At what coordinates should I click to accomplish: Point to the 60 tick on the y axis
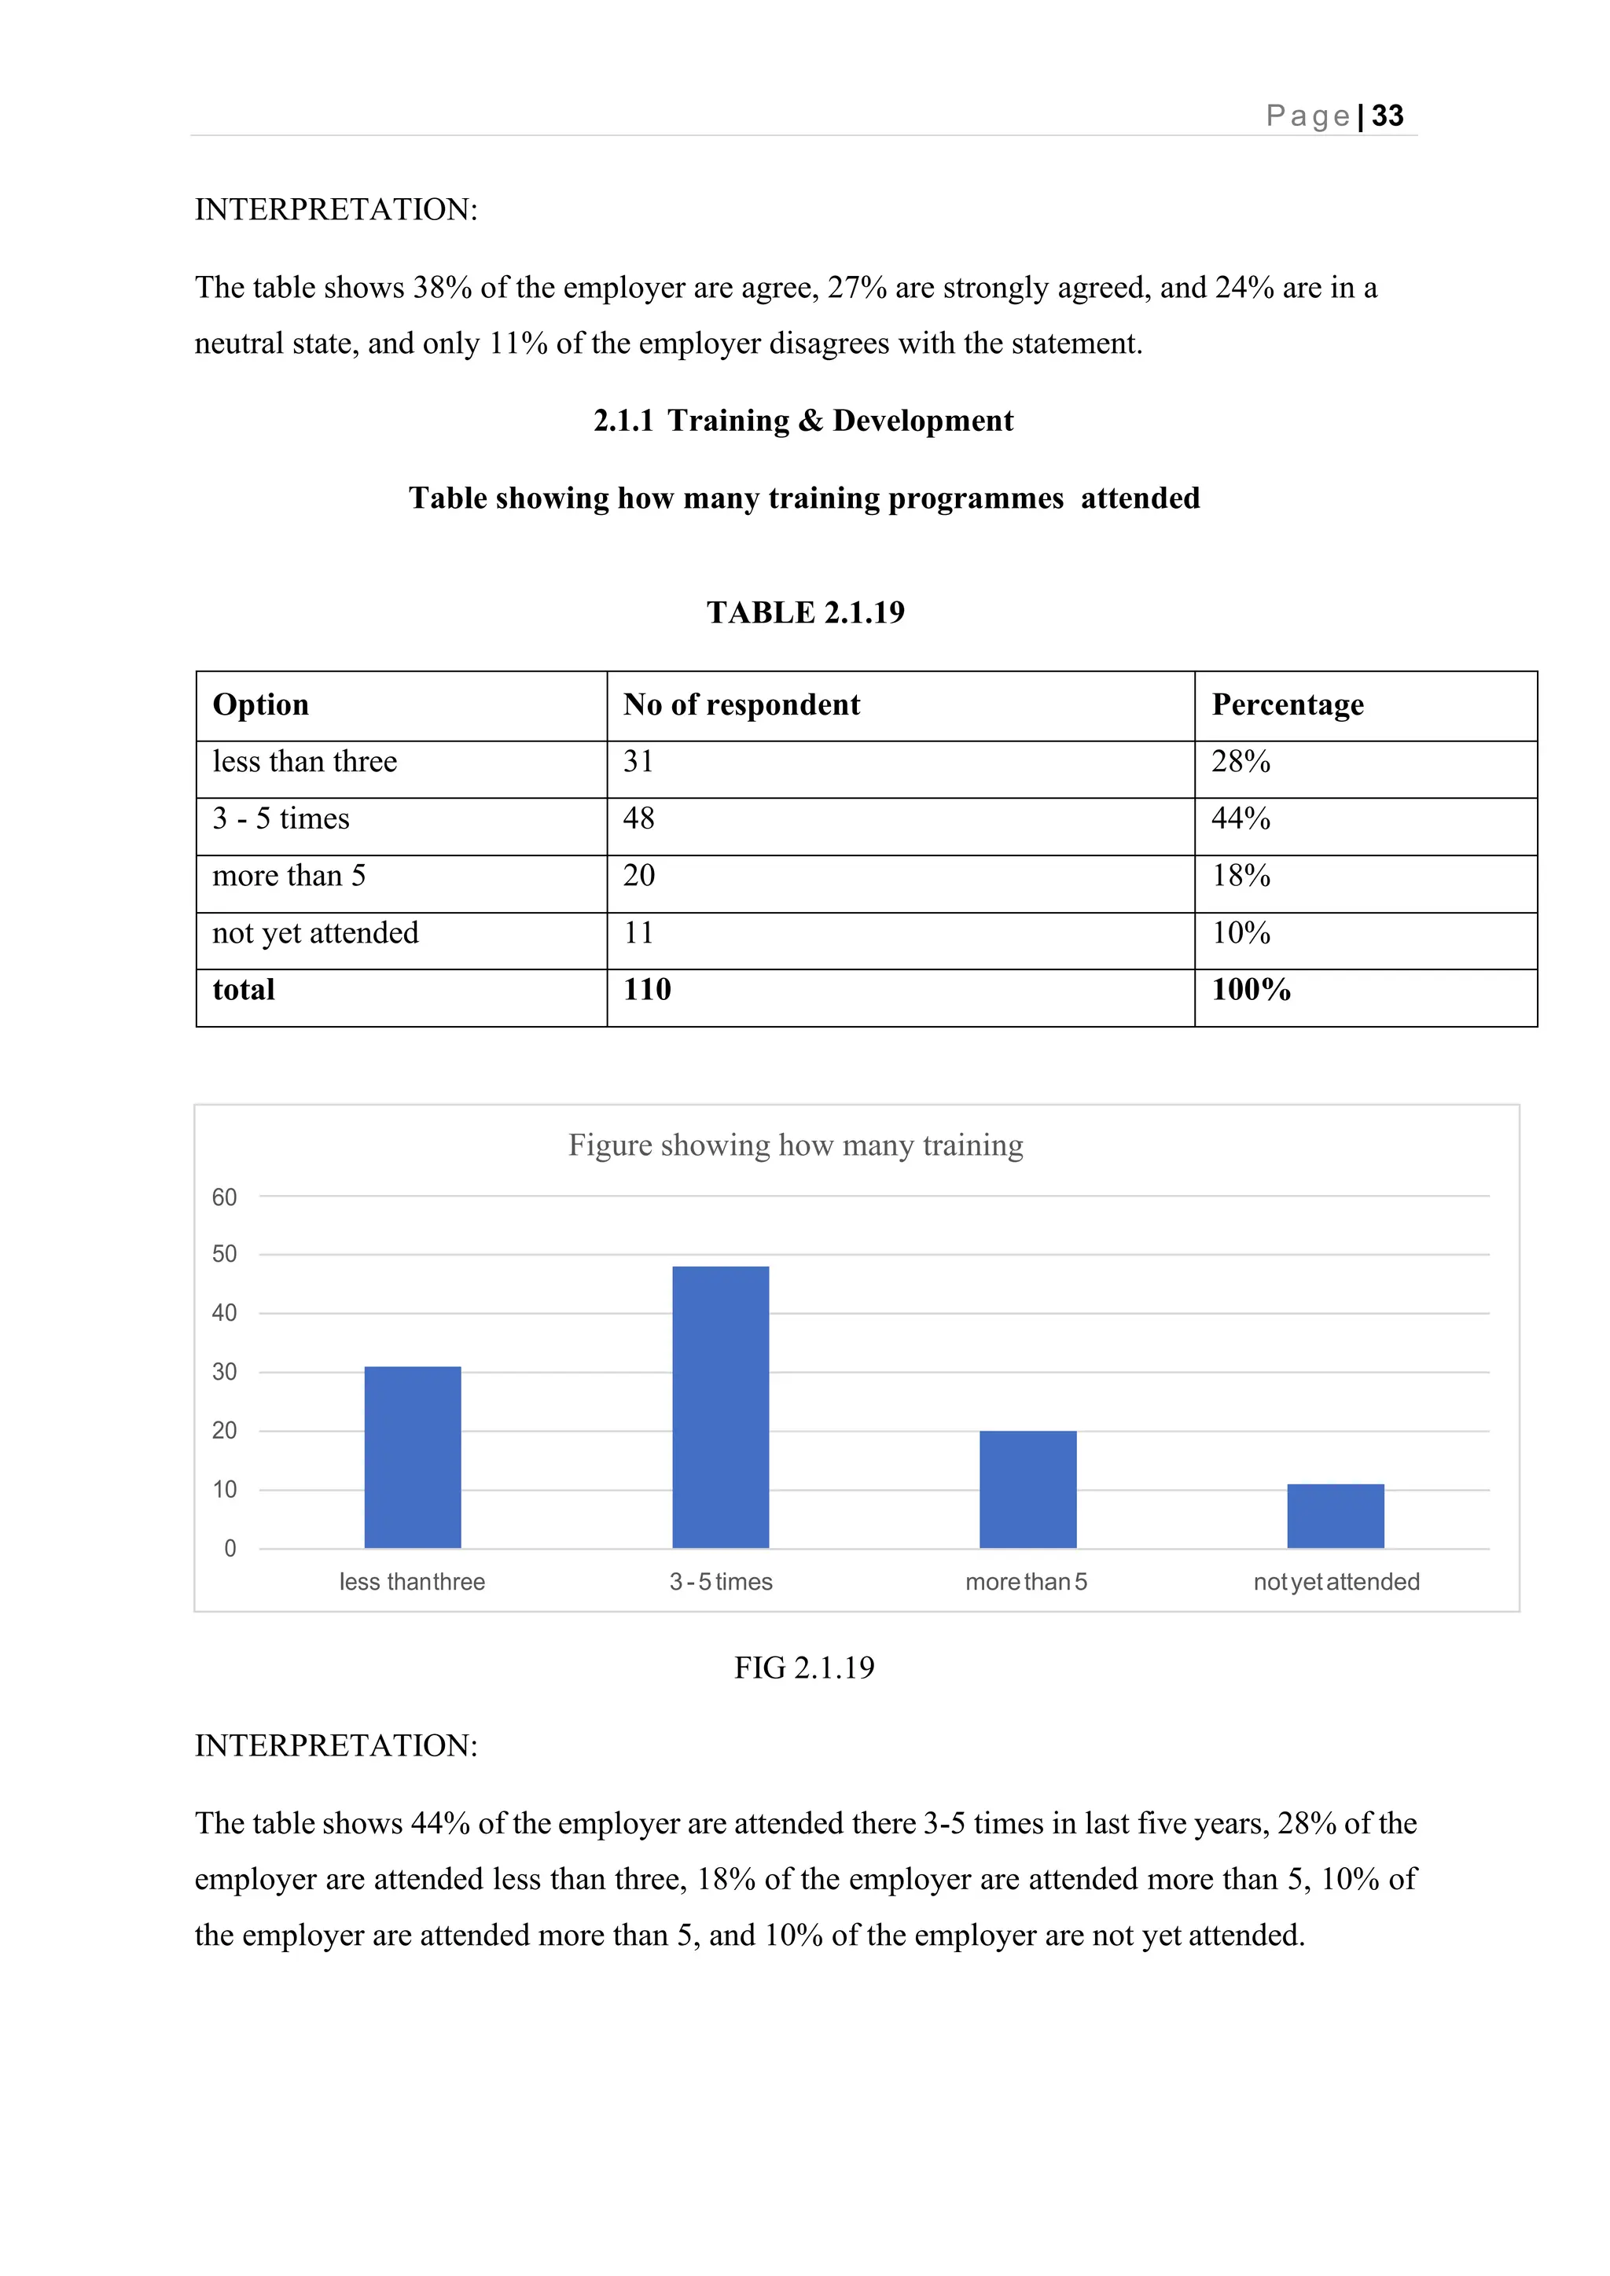coord(224,1197)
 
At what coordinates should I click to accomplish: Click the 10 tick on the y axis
coord(224,1489)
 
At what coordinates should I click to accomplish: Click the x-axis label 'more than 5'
coord(1026,1581)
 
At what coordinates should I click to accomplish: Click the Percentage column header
coord(1287,704)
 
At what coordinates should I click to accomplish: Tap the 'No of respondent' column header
coord(741,704)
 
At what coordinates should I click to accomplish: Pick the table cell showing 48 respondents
coord(638,818)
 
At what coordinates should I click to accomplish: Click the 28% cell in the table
coord(1241,761)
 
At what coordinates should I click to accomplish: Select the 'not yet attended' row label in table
coord(315,932)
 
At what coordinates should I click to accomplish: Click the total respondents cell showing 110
coord(646,989)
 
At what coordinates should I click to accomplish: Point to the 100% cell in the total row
coord(1250,989)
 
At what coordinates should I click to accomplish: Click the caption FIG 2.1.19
coord(804,1667)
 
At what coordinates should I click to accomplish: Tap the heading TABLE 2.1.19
coord(805,612)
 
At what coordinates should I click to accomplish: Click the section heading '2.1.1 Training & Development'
coord(803,421)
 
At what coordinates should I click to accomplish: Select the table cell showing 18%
coord(1241,875)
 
